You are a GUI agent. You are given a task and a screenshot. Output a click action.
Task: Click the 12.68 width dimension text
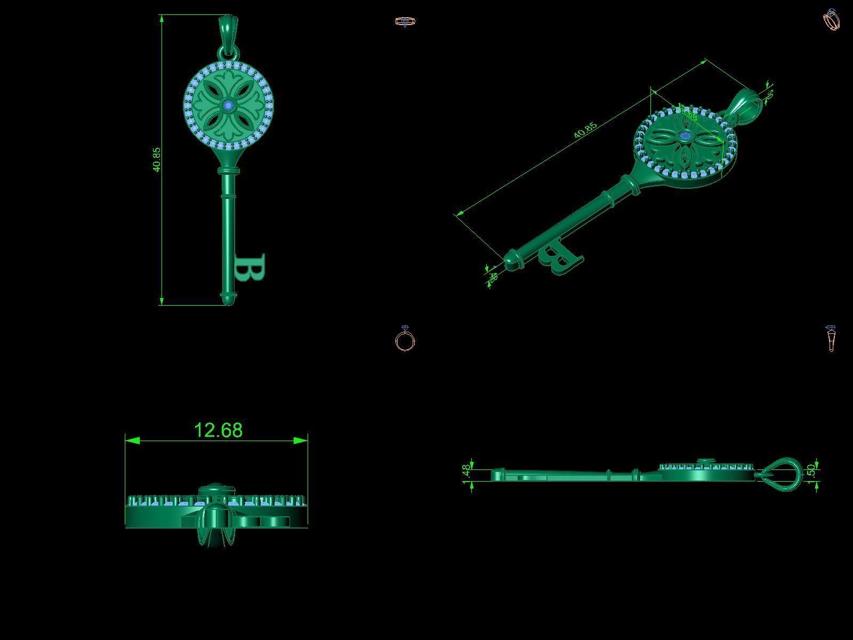(218, 430)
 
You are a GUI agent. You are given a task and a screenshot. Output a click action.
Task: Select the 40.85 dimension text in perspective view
(585, 131)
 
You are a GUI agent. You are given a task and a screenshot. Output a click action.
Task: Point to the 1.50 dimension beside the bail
(811, 471)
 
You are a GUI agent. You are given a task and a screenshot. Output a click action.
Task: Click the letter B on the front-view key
(250, 268)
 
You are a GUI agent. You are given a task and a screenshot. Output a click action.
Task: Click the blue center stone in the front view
(229, 106)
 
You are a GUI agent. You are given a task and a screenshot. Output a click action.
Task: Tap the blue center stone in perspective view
(685, 137)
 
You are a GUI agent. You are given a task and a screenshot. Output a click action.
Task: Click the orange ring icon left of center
(405, 339)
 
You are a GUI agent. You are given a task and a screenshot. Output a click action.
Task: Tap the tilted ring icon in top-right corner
(832, 20)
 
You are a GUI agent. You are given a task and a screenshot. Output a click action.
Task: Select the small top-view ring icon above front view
(405, 22)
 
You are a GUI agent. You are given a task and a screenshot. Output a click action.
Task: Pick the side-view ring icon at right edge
(831, 339)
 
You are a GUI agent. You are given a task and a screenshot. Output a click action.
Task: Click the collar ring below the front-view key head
(228, 171)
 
